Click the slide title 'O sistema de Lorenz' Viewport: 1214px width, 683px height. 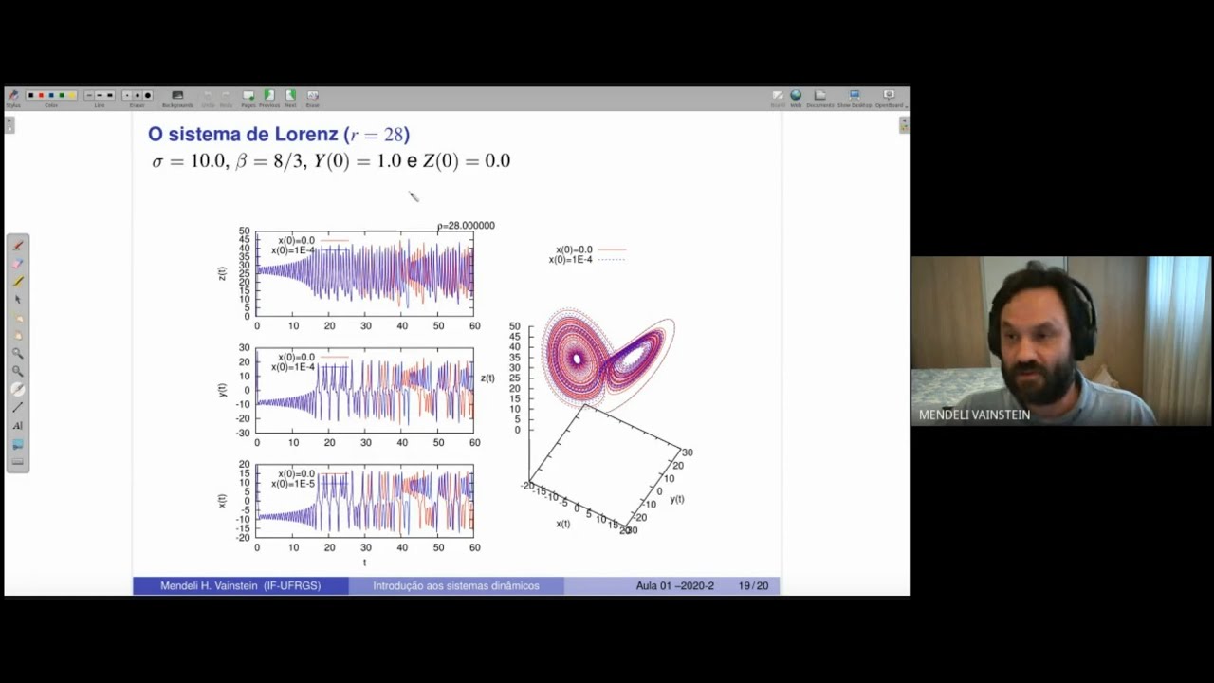[x=243, y=135]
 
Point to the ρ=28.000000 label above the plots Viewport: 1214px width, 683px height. [x=466, y=226]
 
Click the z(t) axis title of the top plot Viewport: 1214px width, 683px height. [x=222, y=273]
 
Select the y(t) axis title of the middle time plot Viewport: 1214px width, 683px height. [x=222, y=390]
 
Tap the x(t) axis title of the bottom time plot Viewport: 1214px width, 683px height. [x=222, y=500]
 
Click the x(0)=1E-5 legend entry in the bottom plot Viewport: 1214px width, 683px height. [x=292, y=484]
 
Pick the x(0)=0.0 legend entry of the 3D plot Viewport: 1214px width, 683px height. [x=574, y=249]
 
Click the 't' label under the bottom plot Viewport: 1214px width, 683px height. [x=364, y=563]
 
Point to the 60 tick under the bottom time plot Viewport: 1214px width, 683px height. [x=474, y=547]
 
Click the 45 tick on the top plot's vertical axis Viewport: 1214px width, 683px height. [x=245, y=240]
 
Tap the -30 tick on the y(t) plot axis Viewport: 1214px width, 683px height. [x=243, y=434]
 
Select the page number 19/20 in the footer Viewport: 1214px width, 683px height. [x=753, y=586]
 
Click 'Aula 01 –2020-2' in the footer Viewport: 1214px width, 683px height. [x=674, y=586]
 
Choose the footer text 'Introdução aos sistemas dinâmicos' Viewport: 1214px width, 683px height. [x=455, y=586]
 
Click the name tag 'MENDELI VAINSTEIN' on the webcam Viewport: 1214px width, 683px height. [x=974, y=415]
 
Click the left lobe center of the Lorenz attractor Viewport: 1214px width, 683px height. [x=576, y=359]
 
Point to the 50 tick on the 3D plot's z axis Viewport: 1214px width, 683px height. [x=514, y=327]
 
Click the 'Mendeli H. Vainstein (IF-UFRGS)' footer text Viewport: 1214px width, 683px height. [x=240, y=586]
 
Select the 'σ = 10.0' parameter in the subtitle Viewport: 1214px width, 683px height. [x=189, y=161]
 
